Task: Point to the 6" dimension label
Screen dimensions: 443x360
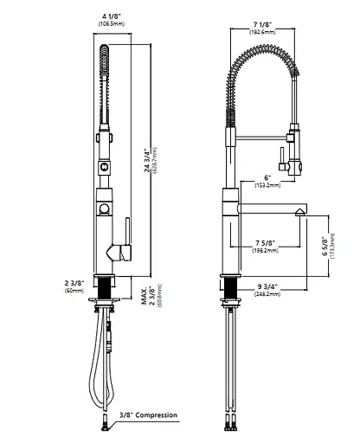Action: pyautogui.click(x=266, y=177)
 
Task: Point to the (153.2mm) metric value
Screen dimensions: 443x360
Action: pyautogui.click(x=266, y=185)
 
